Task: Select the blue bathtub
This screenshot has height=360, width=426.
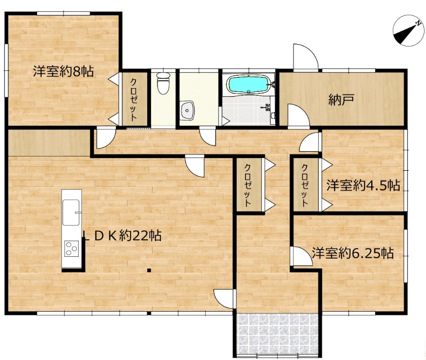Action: (x=249, y=85)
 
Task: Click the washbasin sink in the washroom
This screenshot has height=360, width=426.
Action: (x=187, y=110)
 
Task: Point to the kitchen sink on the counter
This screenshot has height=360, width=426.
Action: (x=71, y=212)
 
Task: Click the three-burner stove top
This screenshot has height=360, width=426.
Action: (x=71, y=248)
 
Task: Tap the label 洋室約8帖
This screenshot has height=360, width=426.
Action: (x=64, y=71)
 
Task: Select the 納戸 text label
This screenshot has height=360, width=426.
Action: (x=341, y=100)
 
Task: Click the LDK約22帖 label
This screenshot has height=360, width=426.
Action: (x=122, y=236)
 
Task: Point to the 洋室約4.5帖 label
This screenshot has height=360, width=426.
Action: (x=363, y=185)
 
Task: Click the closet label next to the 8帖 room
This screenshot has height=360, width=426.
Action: (x=134, y=99)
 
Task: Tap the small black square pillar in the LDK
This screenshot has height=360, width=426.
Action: (x=149, y=270)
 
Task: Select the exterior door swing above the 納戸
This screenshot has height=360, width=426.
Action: (x=305, y=57)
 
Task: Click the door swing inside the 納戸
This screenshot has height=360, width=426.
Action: (x=298, y=115)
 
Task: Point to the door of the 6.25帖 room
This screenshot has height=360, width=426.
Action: (x=301, y=256)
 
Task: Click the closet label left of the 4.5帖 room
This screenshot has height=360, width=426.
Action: (x=305, y=185)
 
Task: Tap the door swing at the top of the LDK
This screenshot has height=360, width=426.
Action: (x=195, y=166)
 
